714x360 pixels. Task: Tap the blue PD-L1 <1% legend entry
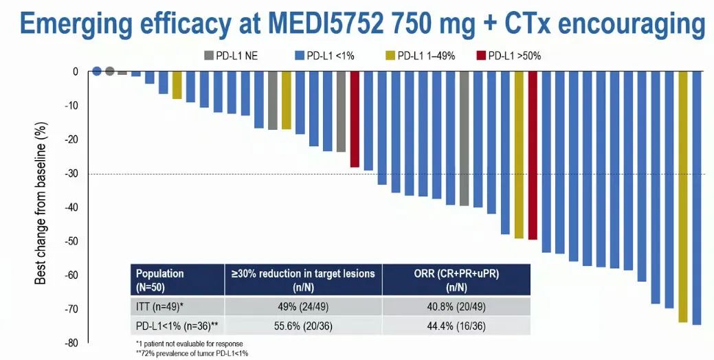[x=324, y=56]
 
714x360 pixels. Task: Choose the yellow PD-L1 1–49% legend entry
[x=420, y=56]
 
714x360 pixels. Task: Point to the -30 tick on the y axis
[x=71, y=174]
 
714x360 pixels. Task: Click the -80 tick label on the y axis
[x=71, y=343]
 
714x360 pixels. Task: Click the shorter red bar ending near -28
[x=355, y=120]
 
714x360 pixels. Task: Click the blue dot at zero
[x=97, y=71]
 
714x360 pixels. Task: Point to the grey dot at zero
[x=109, y=71]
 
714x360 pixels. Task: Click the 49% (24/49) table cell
[x=303, y=306]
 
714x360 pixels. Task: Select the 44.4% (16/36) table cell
[x=456, y=324]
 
